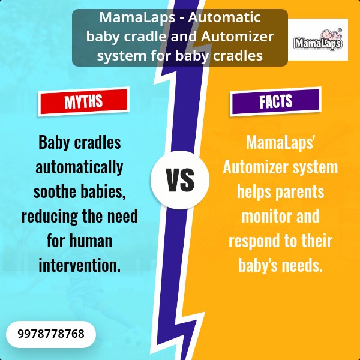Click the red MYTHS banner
click(x=84, y=101)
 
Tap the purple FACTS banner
click(x=275, y=101)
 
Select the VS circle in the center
click(x=180, y=180)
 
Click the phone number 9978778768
click(x=51, y=334)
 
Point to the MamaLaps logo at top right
click(x=318, y=40)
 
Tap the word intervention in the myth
click(x=79, y=265)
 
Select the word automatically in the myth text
click(x=79, y=167)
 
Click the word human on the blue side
click(x=91, y=241)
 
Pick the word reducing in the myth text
click(x=50, y=217)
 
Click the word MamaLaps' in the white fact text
click(x=280, y=143)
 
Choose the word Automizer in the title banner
click(x=238, y=37)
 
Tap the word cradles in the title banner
click(x=238, y=56)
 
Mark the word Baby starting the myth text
click(x=54, y=143)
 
